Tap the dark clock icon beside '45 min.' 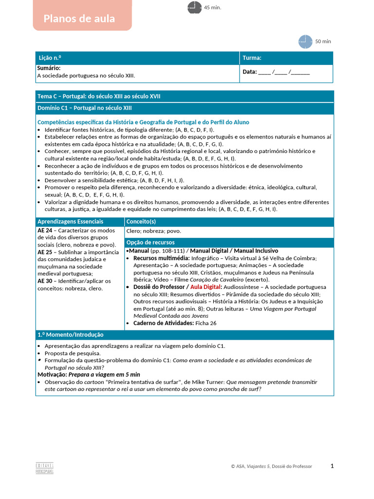pos(194,8)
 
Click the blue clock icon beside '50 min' pos(305,41)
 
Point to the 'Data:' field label pos(249,72)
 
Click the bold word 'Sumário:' pos(49,69)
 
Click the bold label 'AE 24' pos(45,230)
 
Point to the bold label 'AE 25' pos(45,252)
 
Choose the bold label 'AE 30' pos(45,281)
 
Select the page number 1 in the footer pos(332,466)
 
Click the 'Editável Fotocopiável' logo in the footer pos(45,467)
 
